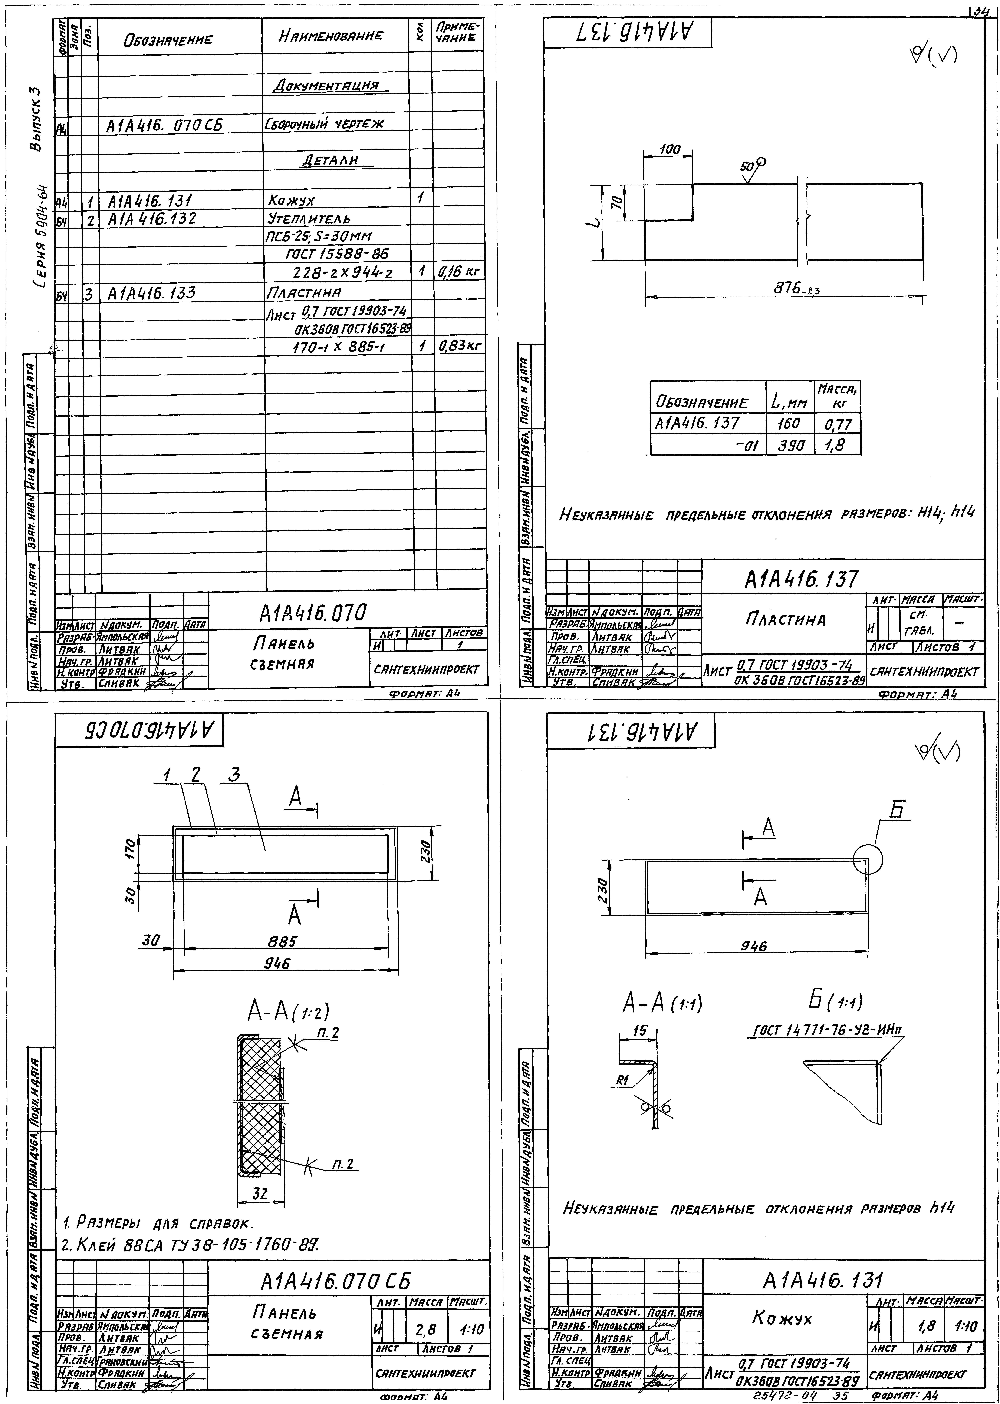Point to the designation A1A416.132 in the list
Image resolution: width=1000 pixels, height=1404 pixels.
(x=152, y=219)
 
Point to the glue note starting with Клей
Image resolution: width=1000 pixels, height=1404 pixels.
(x=191, y=1247)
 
